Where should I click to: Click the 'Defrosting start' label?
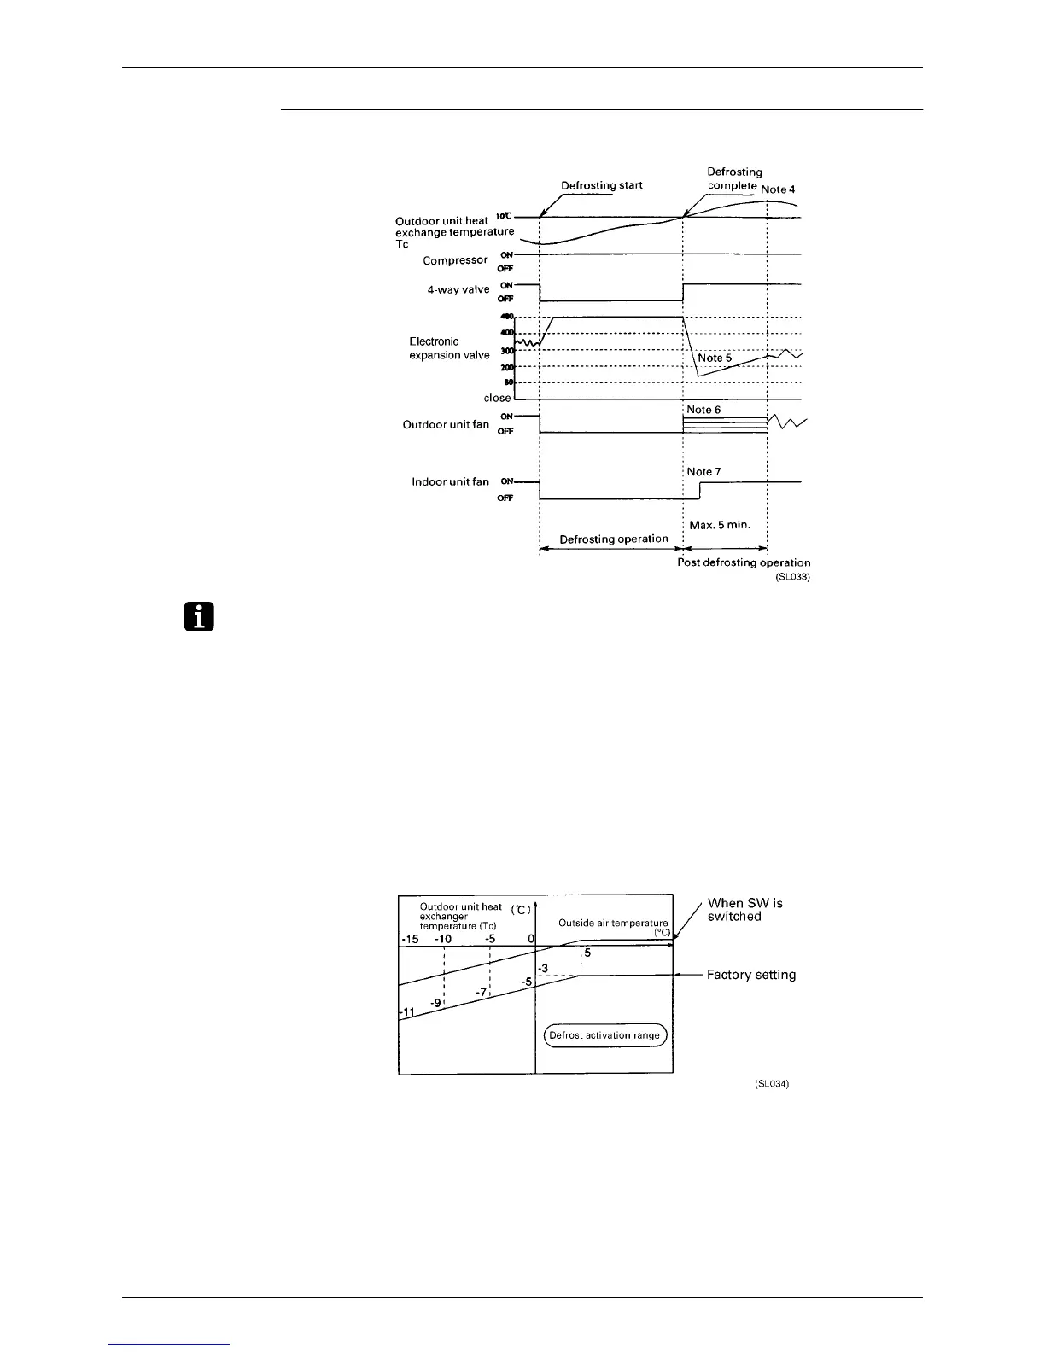coord(601,185)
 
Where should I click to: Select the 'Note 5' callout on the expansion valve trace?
coord(715,358)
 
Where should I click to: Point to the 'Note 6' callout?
coord(703,410)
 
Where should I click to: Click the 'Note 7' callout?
coord(703,471)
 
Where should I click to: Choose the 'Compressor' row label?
coord(455,260)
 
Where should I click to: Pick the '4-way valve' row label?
coord(458,289)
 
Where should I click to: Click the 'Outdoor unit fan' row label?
coord(446,424)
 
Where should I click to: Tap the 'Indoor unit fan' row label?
coord(450,481)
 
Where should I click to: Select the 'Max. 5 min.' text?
coord(720,524)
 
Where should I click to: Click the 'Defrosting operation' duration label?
coord(614,539)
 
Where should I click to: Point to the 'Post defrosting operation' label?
coord(744,562)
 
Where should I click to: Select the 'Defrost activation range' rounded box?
coord(604,1035)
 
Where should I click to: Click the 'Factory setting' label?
coord(751,975)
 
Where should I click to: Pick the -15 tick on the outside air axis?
coord(410,939)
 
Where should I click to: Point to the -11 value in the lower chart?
coord(407,1012)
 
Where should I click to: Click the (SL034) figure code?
coord(772,1084)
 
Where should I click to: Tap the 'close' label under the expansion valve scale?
coord(497,398)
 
